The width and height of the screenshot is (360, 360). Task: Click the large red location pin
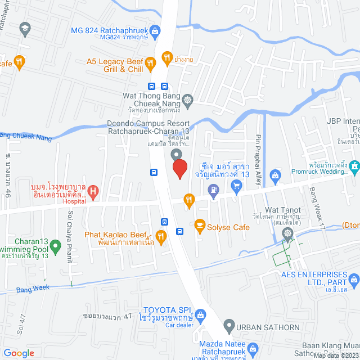179,169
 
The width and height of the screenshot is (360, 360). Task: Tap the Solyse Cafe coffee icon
199,225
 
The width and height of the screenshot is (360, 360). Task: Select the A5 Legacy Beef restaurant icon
150,64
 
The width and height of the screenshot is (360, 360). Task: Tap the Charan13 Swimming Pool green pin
55,246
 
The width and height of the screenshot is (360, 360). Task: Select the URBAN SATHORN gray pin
229,325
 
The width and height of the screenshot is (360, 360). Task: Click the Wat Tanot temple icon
289,232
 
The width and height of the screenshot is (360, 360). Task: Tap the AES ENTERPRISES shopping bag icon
354,278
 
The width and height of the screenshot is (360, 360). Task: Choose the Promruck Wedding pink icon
354,166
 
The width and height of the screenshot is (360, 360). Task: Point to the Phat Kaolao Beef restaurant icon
161,237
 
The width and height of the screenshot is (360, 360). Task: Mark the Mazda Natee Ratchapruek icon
253,348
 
